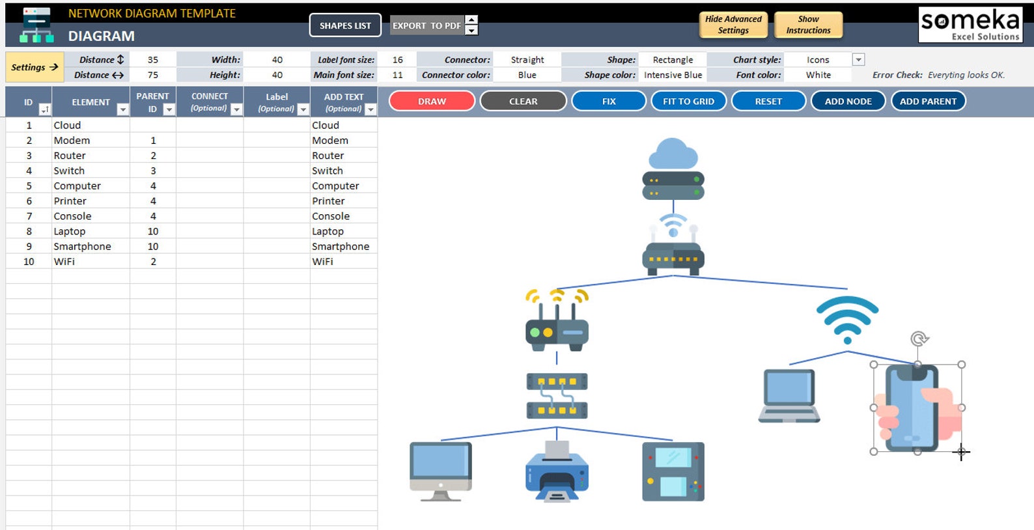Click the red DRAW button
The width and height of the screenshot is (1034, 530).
coord(432,101)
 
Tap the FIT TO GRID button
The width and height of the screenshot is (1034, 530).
coord(688,101)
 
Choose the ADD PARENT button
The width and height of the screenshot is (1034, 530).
coord(928,101)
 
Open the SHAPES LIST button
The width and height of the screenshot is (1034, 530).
coord(345,25)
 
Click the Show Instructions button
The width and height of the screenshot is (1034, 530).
coord(808,25)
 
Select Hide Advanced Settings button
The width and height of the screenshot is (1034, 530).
coord(733,25)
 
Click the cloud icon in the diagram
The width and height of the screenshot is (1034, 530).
coord(673,153)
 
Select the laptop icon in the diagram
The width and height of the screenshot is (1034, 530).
coord(789,396)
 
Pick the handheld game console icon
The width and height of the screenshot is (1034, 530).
coord(673,471)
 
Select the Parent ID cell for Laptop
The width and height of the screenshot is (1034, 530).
coord(153,231)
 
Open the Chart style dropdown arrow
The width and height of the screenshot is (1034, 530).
coord(859,59)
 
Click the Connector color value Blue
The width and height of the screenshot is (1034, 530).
coord(527,75)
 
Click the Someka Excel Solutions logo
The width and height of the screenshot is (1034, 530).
coord(970,25)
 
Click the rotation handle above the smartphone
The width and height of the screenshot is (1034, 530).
coord(919,339)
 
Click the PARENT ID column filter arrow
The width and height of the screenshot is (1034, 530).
coord(169,109)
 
